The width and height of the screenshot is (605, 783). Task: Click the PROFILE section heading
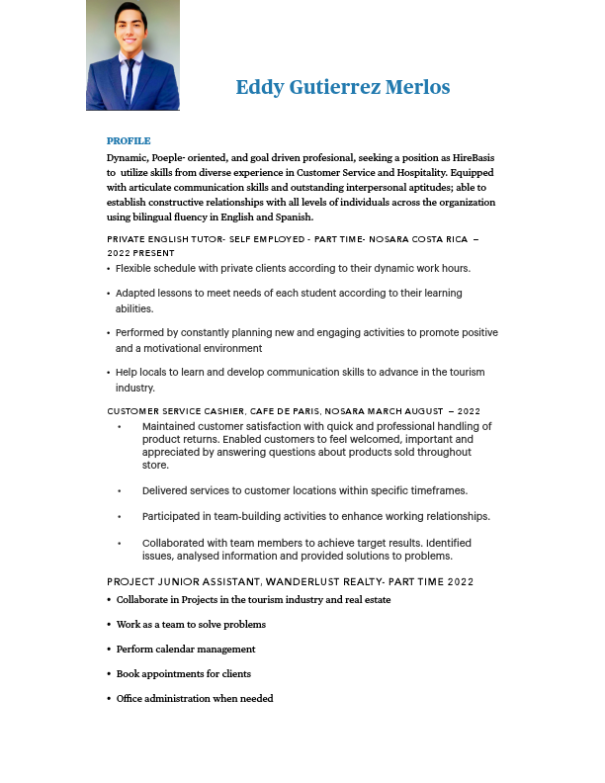click(x=129, y=141)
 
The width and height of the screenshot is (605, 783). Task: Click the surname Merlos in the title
click(x=420, y=88)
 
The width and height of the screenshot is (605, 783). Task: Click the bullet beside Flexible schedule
click(x=109, y=269)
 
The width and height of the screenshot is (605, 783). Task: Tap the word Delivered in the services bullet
click(x=169, y=490)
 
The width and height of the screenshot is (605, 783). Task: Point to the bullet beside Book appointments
click(x=109, y=674)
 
